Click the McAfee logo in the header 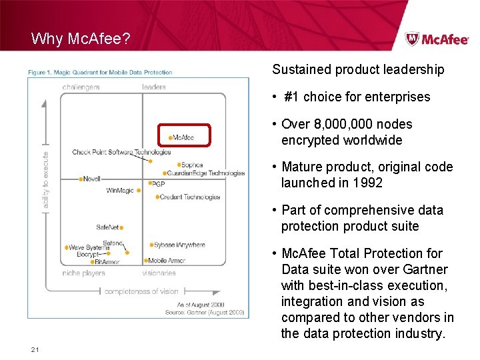point(437,39)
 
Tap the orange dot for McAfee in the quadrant point(171,138)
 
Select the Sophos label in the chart point(192,165)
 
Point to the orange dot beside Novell point(79,179)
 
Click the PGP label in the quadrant point(158,183)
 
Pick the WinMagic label point(120,191)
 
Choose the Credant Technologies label point(190,197)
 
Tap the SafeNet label point(107,227)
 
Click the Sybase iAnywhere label point(179,245)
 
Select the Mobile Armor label point(167,261)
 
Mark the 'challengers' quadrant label point(81,87)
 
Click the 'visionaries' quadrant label point(159,273)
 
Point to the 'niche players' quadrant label point(83,273)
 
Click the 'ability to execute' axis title point(46,179)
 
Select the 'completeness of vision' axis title point(141,291)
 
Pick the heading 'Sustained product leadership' point(358,69)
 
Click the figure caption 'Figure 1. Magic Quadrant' point(100,72)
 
